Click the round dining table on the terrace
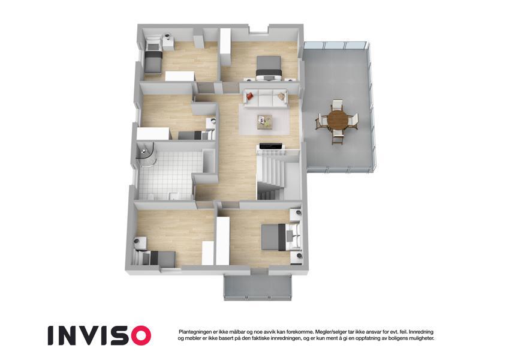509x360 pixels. click(x=338, y=120)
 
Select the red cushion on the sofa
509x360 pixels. click(x=249, y=95)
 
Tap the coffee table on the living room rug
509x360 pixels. click(x=265, y=122)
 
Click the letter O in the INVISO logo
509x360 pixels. click(x=138, y=335)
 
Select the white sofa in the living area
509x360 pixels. click(x=266, y=99)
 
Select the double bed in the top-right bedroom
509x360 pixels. click(x=269, y=68)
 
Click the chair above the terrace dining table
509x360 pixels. click(x=338, y=105)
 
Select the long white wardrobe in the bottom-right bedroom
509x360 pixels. click(x=222, y=241)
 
